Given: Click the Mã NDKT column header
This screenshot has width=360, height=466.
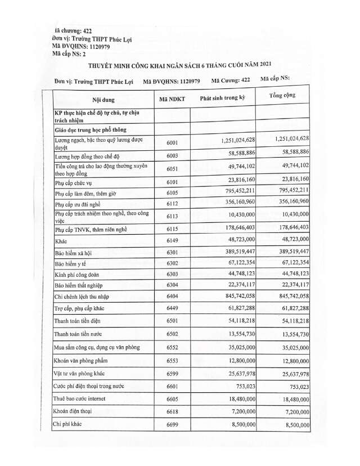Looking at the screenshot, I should click(172, 99).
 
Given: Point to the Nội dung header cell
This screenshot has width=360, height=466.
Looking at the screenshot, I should click(103, 100).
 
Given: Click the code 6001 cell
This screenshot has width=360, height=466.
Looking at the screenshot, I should click(172, 142).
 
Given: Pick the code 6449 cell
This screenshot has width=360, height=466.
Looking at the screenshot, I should click(172, 309).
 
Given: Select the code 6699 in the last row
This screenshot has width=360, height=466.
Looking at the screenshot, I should click(172, 425).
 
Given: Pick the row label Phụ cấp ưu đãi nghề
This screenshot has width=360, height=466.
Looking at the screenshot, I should click(79, 204).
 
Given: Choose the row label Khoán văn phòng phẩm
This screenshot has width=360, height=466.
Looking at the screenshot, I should click(81, 360).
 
